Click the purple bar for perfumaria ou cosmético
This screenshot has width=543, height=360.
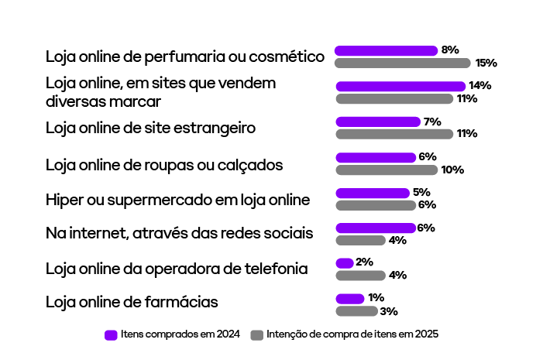[x=386, y=50]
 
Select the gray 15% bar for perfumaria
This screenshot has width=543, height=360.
[x=403, y=63]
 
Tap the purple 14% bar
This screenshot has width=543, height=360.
[x=400, y=86]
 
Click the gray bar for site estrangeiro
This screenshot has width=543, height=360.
[x=394, y=134]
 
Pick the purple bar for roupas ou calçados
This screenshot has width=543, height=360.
[x=376, y=157]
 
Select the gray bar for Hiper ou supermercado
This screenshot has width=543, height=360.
[x=376, y=205]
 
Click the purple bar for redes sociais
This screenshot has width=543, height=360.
[x=376, y=228]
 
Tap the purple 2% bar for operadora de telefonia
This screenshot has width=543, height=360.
[x=345, y=262]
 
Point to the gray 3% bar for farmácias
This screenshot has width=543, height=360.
[x=356, y=311]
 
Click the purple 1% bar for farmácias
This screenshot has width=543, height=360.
[x=349, y=298]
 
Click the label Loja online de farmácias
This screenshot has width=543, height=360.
[x=132, y=302]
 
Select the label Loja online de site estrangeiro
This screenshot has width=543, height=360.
[x=150, y=127]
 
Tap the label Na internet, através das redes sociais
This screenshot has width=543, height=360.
[x=179, y=233]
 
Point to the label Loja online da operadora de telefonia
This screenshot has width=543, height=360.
[x=177, y=269]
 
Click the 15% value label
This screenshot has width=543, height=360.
[x=486, y=63]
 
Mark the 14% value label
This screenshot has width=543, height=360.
[x=479, y=86]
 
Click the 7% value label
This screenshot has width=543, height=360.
[x=432, y=122]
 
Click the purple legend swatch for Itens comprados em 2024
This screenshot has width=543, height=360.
[x=111, y=335]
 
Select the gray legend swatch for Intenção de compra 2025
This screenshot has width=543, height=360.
[x=257, y=335]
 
